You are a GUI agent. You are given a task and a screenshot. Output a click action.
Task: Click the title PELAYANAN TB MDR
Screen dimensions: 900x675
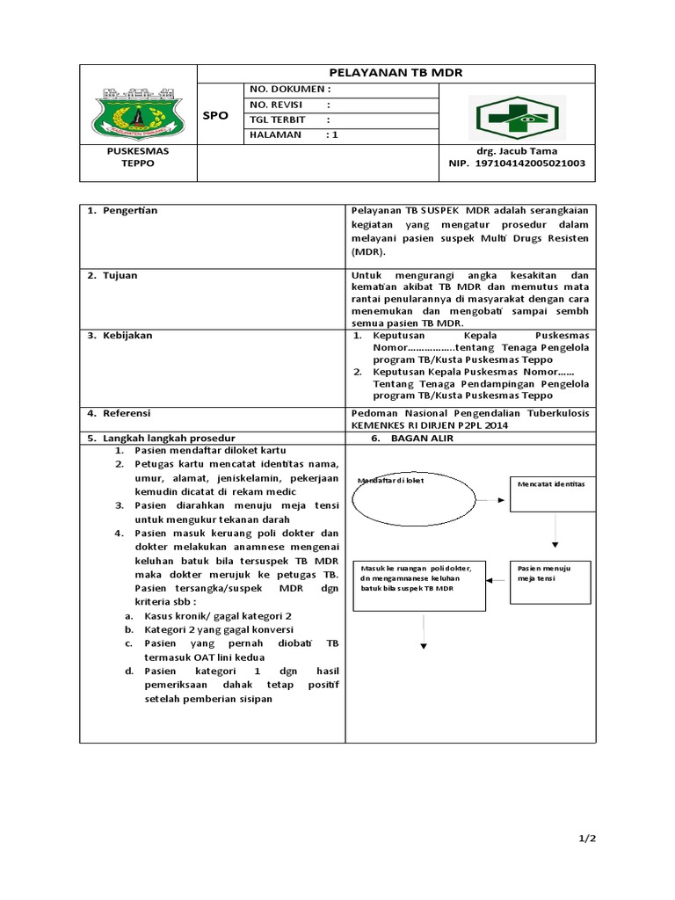[x=395, y=73]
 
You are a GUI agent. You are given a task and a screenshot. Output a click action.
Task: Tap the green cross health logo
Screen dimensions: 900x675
[x=517, y=117]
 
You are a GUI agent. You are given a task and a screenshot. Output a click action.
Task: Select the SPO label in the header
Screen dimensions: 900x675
[x=215, y=116]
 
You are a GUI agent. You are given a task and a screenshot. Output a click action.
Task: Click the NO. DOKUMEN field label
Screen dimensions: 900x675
[x=290, y=90]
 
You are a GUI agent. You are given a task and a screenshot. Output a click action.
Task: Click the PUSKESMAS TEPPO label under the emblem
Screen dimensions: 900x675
[x=137, y=157]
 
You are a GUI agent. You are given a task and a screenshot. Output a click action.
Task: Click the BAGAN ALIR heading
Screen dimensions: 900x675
[x=422, y=439]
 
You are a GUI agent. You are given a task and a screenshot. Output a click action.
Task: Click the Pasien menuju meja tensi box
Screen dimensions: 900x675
[x=550, y=580]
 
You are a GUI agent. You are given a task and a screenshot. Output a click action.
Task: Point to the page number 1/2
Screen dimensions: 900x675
[x=586, y=838]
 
